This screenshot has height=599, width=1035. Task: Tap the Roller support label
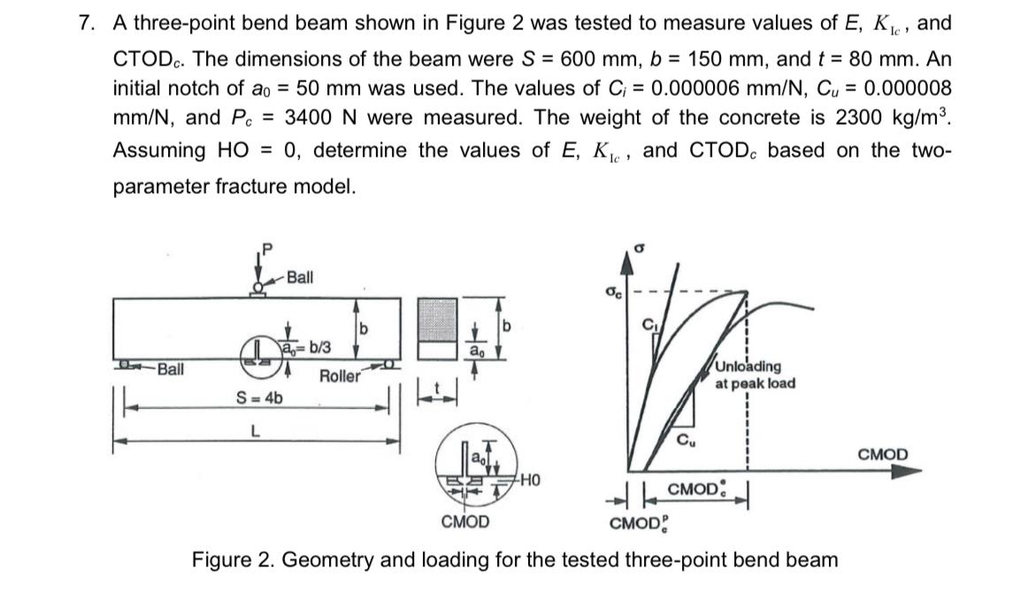click(340, 376)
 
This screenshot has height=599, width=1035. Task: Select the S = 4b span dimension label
click(259, 396)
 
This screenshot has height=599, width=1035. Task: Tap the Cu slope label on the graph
click(686, 438)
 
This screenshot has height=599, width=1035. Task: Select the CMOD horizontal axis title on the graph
click(882, 455)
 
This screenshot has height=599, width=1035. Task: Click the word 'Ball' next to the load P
click(299, 277)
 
